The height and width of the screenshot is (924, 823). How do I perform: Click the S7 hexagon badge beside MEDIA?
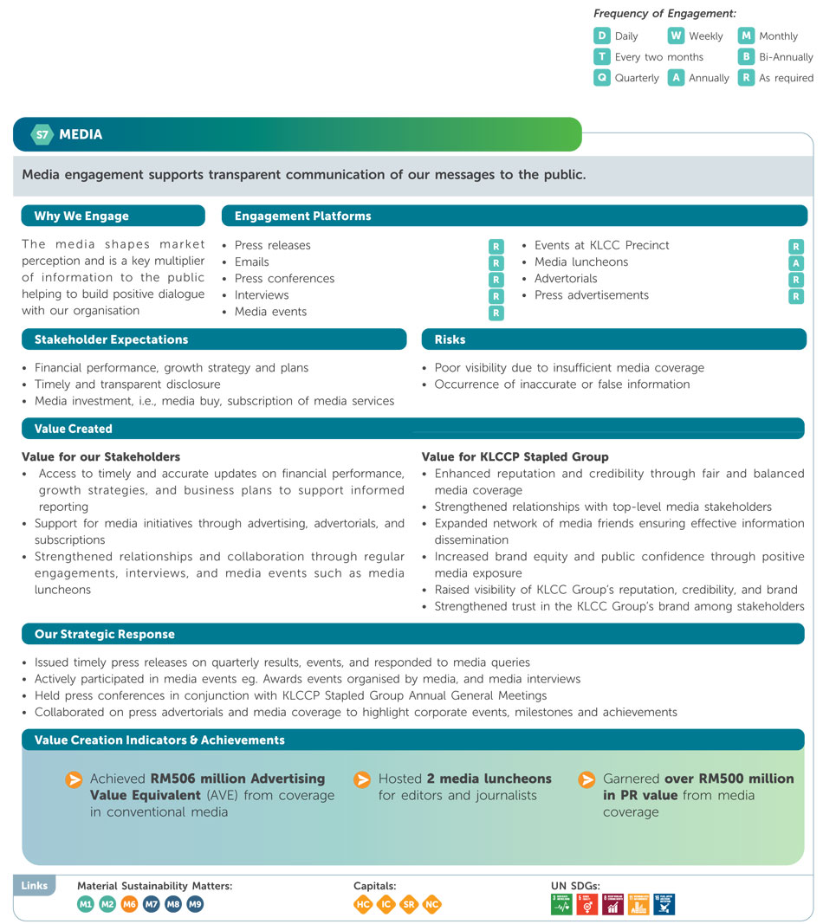41,134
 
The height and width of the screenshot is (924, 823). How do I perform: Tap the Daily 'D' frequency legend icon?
601,36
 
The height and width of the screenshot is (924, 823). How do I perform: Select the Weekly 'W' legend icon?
676,36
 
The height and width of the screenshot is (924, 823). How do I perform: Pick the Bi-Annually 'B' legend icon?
746,56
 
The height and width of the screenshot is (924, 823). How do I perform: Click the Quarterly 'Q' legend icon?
601,77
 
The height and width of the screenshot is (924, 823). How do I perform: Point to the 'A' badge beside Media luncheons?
796,262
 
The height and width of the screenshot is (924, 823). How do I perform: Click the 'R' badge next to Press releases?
496,247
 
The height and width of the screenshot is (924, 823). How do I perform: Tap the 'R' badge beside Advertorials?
796,280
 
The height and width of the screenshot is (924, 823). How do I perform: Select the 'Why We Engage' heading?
81,216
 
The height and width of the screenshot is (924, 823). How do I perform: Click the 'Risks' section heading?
450,339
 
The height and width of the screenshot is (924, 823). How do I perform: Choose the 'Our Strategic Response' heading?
105,635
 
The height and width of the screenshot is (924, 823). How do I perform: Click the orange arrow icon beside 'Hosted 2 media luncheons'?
362,779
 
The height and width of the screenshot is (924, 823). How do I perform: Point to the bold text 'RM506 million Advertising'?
237,779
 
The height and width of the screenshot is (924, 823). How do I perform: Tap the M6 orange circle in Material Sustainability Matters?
129,904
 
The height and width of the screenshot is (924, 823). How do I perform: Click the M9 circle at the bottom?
195,904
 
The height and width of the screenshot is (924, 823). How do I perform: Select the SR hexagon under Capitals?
409,904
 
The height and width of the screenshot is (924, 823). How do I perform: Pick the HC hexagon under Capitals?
363,904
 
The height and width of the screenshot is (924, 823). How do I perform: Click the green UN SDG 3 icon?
561,904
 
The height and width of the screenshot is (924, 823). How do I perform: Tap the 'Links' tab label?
35,886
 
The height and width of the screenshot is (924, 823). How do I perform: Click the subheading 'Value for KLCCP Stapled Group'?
515,456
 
